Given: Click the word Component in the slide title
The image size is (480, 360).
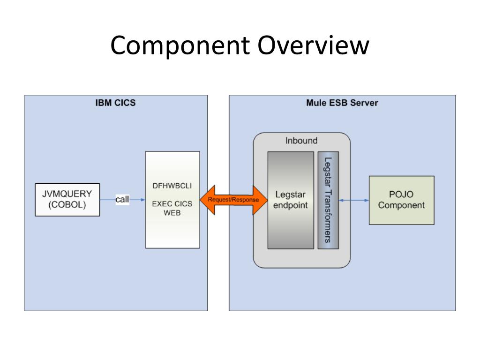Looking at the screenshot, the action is [180, 45].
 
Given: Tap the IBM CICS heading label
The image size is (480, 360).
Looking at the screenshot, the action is [115, 103].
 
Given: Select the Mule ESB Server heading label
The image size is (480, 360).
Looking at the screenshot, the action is [342, 103].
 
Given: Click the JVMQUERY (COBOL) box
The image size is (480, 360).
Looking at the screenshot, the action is [67, 200].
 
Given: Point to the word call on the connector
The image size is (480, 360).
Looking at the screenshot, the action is [122, 199].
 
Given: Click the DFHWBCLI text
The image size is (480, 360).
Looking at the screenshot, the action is [172, 186].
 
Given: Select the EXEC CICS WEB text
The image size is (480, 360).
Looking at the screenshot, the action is [172, 208].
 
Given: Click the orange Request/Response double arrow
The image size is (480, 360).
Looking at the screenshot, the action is [233, 200].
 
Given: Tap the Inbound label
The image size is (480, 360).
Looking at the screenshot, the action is [301, 141].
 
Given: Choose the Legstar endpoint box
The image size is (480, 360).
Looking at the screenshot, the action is [291, 200].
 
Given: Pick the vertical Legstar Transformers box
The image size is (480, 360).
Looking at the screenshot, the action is [328, 200].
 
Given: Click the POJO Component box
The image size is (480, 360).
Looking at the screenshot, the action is [402, 200].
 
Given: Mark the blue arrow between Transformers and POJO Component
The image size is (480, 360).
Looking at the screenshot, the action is [354, 200].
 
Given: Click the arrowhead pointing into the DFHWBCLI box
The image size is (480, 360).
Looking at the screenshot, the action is [143, 200].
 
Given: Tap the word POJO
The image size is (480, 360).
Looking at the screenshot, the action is [401, 195].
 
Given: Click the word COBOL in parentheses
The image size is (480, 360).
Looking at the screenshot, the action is [67, 205].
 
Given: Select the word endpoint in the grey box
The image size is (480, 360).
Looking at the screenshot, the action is [290, 205].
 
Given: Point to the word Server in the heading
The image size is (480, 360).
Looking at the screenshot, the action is [364, 103].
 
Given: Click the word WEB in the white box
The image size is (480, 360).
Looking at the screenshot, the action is [172, 213].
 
